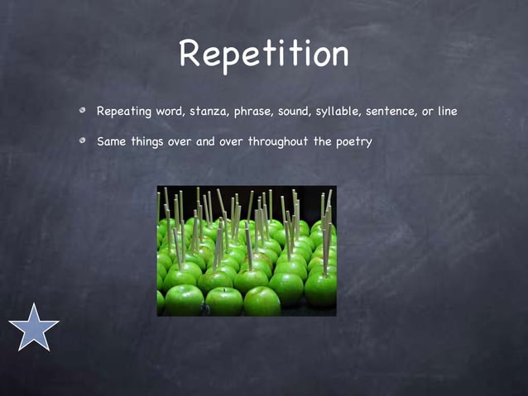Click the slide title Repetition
(x=263, y=54)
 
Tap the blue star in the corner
(x=34, y=327)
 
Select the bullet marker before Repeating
(x=84, y=111)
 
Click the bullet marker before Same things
(x=84, y=141)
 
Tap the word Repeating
(x=124, y=112)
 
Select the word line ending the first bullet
(x=446, y=111)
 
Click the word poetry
(x=354, y=142)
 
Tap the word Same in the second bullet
(x=111, y=141)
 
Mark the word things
(x=148, y=142)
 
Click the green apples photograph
(x=247, y=250)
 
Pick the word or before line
(x=427, y=111)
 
